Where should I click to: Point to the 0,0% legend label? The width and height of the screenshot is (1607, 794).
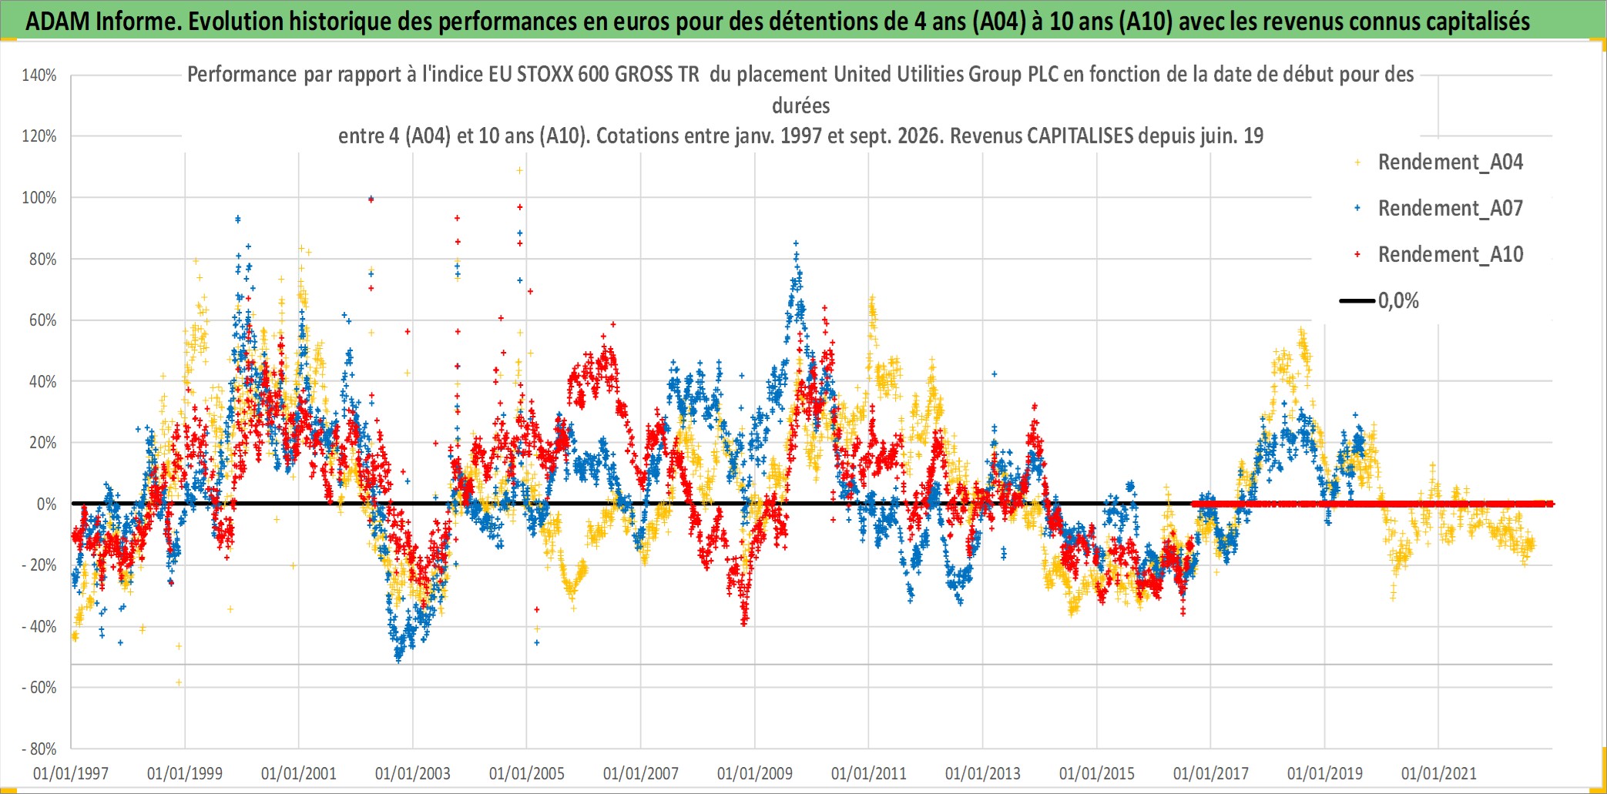coord(1398,301)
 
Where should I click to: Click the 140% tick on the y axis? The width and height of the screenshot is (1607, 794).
coord(39,75)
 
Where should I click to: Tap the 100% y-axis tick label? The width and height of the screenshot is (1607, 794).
coord(39,198)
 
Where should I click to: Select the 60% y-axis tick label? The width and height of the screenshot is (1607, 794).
coord(43,320)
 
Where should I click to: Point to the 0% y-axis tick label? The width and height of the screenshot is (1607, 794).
coord(47,504)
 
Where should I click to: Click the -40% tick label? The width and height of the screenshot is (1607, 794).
coord(39,627)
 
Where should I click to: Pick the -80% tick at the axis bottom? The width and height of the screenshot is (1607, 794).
coord(39,749)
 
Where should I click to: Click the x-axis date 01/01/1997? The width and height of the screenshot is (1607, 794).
coord(71,773)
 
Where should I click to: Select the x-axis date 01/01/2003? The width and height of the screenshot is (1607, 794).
coord(413,773)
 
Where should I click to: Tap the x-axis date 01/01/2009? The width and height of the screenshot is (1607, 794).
coord(755,773)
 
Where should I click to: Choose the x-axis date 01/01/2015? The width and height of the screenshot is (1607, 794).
coord(1097,773)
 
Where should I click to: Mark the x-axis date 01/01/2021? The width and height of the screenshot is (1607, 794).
coord(1439,773)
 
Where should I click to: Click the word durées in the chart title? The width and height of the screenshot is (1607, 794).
coord(801,106)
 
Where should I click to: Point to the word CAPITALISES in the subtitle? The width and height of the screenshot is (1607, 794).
coord(1080,136)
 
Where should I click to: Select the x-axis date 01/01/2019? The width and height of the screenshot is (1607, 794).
coord(1325,773)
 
